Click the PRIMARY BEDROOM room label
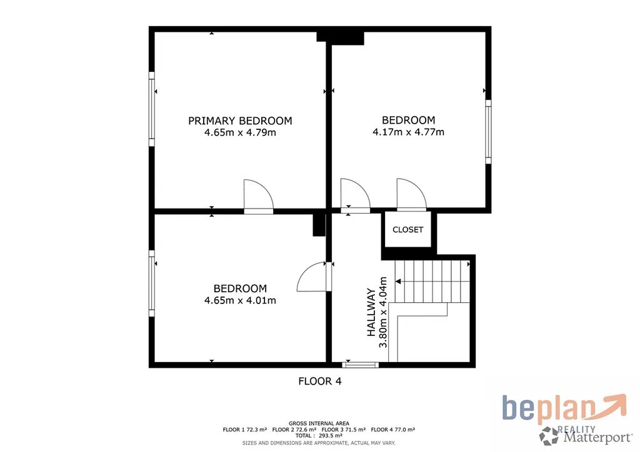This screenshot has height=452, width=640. point(240,120)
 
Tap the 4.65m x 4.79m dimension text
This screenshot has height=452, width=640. point(240,132)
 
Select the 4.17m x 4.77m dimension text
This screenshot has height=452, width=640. point(408,132)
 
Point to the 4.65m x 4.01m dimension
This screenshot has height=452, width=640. point(240,300)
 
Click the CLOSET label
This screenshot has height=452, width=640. point(407,230)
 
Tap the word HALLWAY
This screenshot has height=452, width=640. point(371,312)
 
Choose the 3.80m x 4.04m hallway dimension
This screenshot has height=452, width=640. point(383,312)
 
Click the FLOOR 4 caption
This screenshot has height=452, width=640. point(319,381)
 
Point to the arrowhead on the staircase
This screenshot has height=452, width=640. point(398,281)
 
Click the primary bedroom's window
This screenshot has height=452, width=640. point(151,109)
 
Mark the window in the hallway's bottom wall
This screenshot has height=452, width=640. point(361,365)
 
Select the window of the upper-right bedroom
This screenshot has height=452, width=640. point(488,132)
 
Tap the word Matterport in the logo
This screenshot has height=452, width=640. point(597,438)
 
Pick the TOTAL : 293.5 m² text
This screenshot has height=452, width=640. point(319,436)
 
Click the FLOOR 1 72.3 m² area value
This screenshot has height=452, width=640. point(245,430)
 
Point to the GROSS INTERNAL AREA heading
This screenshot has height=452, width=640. point(319,423)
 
